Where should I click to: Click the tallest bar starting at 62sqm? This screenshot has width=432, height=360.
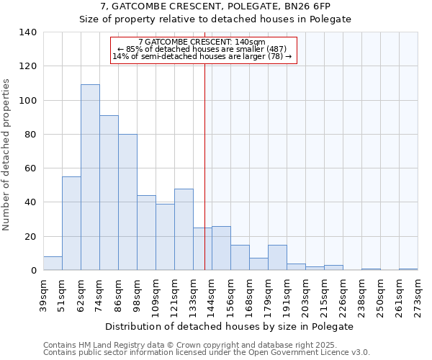pos(90,177)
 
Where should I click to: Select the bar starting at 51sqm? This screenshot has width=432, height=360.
pos(71,223)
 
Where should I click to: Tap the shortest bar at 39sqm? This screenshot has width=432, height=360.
pos(53,264)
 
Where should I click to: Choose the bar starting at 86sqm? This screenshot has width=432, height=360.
pos(127,202)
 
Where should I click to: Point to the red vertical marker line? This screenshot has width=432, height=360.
pos(204,166)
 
